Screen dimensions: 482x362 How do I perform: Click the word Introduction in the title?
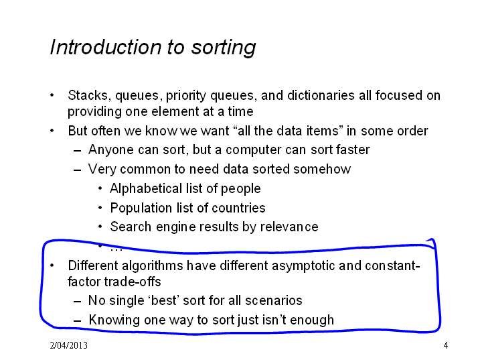[106, 47]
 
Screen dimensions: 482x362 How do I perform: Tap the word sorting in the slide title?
[224, 48]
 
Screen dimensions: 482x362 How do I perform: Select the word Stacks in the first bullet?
[88, 95]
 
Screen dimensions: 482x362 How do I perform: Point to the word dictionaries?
[321, 95]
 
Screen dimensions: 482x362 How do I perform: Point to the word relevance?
[289, 227]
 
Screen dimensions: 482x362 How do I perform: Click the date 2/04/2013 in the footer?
[68, 345]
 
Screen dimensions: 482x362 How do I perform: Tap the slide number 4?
[446, 345]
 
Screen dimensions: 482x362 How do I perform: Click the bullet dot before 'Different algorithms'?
[52, 265]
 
